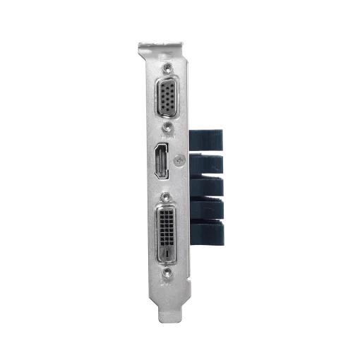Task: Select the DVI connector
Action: (x=167, y=230)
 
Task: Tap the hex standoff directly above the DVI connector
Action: (x=167, y=198)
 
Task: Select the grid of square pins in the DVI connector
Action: (x=167, y=227)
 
